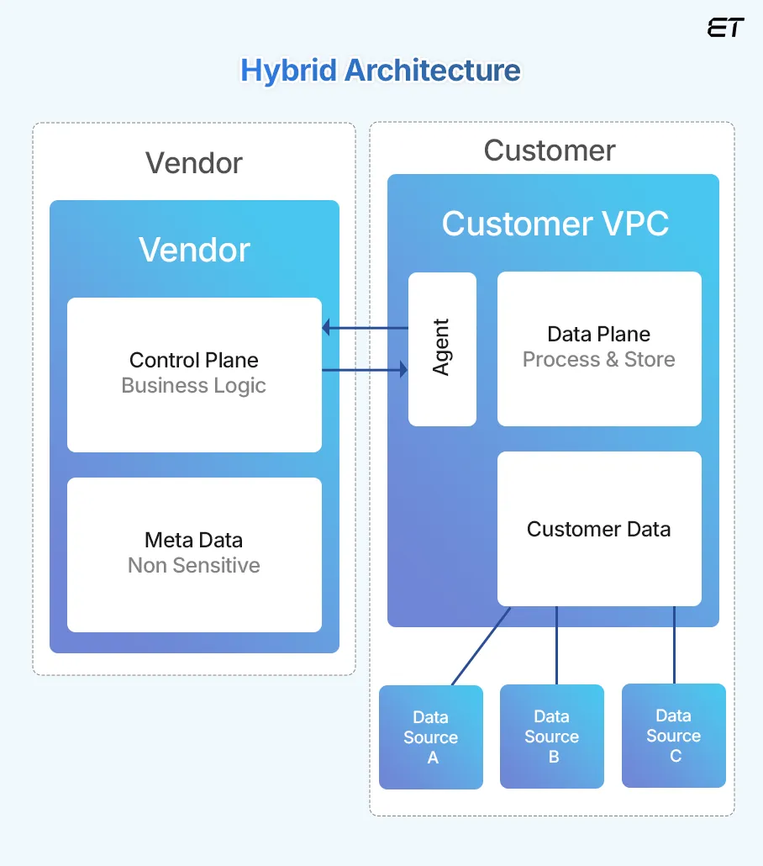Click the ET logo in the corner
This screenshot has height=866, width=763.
[x=725, y=28]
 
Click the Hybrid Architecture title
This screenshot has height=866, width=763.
[x=381, y=70]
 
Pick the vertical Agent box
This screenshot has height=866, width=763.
[x=442, y=348]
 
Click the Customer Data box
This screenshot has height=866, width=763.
[x=599, y=529]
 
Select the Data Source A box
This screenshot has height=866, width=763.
[x=431, y=737]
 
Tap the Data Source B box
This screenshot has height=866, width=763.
[x=552, y=737]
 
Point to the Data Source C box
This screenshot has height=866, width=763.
[x=674, y=736]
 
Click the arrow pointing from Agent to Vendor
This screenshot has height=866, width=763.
[x=366, y=328]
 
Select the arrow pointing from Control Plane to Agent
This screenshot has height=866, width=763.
[x=366, y=369]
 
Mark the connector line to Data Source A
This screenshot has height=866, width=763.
[x=481, y=646]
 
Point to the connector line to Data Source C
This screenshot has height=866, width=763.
[x=674, y=645]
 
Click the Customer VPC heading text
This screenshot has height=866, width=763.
[x=555, y=224]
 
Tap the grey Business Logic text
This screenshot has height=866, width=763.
[x=194, y=386]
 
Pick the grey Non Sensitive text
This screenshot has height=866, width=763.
[x=194, y=566]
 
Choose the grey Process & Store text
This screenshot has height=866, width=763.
[x=599, y=360]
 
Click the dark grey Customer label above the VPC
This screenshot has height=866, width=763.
[x=550, y=150]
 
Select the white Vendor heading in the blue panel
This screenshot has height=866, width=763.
[x=194, y=250]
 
